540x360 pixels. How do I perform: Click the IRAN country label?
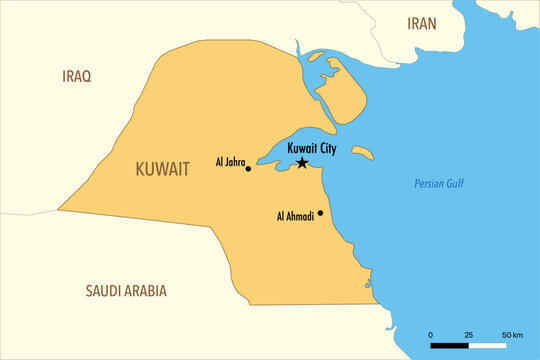pyautogui.click(x=421, y=23)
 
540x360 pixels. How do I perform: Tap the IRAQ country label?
pyautogui.click(x=77, y=76)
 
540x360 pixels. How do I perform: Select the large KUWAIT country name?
pyautogui.click(x=161, y=170)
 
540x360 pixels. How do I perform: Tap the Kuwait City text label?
pyautogui.click(x=312, y=147)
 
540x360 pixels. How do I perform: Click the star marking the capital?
pyautogui.click(x=302, y=162)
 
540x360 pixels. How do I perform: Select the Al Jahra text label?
pyautogui.click(x=229, y=161)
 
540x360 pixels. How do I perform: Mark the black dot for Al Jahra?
pyautogui.click(x=248, y=169)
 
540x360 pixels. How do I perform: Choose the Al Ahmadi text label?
pyautogui.click(x=295, y=215)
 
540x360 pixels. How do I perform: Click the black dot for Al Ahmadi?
pyautogui.click(x=320, y=212)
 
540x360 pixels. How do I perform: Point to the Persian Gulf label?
pyautogui.click(x=440, y=183)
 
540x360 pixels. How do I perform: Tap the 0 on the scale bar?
pyautogui.click(x=431, y=334)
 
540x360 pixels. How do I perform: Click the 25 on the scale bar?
pyautogui.click(x=468, y=334)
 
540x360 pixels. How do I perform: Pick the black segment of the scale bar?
pyautogui.click(x=450, y=346)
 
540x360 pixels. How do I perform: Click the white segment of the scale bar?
pyautogui.click(x=488, y=346)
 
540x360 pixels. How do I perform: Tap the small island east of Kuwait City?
pyautogui.click(x=364, y=153)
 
